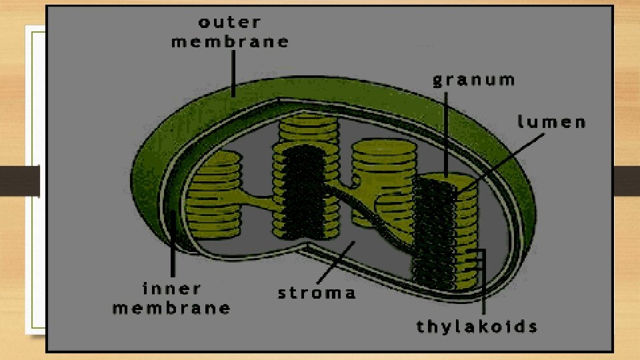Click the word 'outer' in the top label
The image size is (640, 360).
click(229, 22)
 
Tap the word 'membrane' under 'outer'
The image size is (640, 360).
click(230, 41)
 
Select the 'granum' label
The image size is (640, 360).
click(474, 81)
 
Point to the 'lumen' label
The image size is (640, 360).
click(551, 123)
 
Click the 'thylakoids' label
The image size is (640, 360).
click(477, 327)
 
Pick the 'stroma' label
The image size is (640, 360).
click(317, 293)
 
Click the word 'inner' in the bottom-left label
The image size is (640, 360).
click(171, 289)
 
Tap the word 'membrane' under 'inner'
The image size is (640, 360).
click(171, 308)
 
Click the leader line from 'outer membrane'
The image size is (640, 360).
click(233, 73)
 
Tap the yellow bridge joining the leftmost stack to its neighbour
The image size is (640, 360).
click(257, 200)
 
